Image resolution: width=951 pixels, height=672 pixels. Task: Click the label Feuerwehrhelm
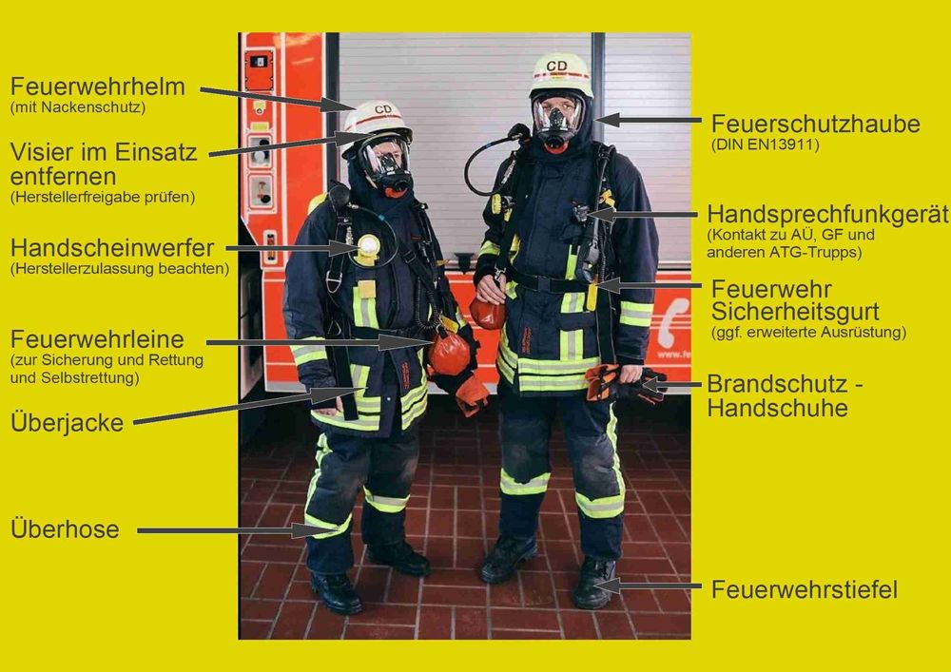[x=98, y=86]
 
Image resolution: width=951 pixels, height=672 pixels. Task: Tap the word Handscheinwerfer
[x=112, y=248]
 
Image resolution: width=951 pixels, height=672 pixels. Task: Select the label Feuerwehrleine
[x=97, y=339]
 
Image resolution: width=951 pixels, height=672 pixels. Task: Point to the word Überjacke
[x=67, y=422]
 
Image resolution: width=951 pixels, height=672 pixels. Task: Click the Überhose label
[x=65, y=528]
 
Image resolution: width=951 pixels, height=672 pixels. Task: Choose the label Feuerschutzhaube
[x=816, y=125]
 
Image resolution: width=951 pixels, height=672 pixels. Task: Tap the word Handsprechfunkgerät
[x=828, y=215]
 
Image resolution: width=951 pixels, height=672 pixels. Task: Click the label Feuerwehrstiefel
[x=805, y=589]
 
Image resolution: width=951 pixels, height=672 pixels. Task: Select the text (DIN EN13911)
[x=765, y=144]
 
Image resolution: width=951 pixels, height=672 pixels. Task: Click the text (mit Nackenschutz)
[x=78, y=107]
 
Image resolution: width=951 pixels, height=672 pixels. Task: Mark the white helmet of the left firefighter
[x=378, y=120]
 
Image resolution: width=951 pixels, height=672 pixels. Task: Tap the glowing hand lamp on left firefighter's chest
[x=367, y=246]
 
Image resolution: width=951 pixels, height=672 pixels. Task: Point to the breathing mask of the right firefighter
[x=556, y=122]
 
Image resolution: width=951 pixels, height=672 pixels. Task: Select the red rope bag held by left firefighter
[x=450, y=353]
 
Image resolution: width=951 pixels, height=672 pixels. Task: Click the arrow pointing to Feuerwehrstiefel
[x=647, y=586]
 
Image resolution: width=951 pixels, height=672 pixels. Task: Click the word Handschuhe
[x=778, y=408]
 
